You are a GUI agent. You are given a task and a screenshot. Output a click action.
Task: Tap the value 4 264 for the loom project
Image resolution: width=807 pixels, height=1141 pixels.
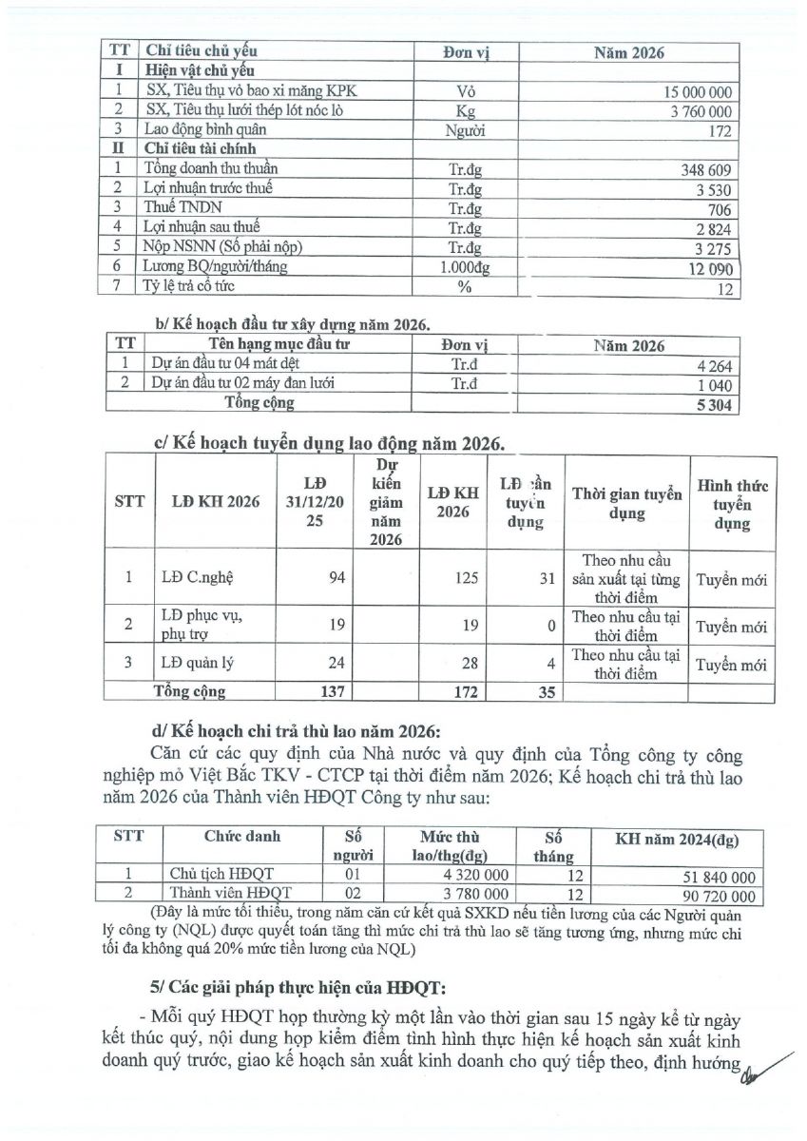[x=714, y=364]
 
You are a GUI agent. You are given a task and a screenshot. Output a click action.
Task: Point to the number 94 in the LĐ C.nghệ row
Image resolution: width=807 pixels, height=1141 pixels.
[x=336, y=578]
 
